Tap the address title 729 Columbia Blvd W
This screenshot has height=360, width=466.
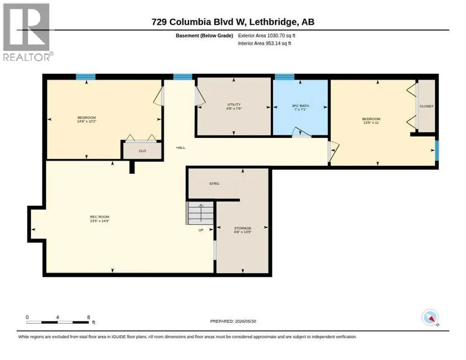click(x=198, y=22)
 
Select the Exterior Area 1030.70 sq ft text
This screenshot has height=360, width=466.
click(x=267, y=36)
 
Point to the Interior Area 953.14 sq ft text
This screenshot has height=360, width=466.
click(x=264, y=44)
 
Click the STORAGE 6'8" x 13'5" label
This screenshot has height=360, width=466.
click(x=242, y=230)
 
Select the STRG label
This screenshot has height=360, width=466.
click(x=214, y=184)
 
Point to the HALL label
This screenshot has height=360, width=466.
click(x=180, y=148)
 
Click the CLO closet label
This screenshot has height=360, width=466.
click(x=143, y=151)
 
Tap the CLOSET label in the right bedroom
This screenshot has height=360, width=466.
click(x=427, y=106)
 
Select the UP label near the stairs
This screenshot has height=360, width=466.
click(x=201, y=230)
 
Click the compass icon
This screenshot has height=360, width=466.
click(x=430, y=317)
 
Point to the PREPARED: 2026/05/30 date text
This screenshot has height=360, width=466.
click(x=233, y=322)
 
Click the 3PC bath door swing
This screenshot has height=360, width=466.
click(x=301, y=132)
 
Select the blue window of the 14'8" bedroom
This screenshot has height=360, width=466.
click(x=86, y=77)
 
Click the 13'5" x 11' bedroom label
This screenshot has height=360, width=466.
click(x=371, y=120)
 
